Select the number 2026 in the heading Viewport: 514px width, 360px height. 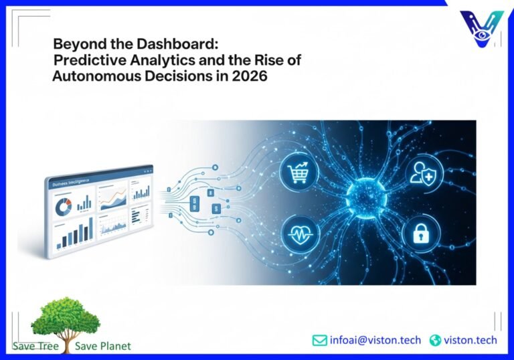click(x=250, y=76)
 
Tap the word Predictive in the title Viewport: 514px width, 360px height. click(x=86, y=60)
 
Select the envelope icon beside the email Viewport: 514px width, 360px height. click(x=319, y=340)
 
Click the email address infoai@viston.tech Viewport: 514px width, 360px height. click(x=375, y=340)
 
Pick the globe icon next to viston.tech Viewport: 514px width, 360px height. click(x=435, y=340)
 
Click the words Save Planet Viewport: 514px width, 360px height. click(x=103, y=346)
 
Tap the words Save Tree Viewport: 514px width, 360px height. click(x=35, y=346)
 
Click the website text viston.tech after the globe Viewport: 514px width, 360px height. click(x=471, y=340)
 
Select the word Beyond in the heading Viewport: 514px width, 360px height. click(x=75, y=44)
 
